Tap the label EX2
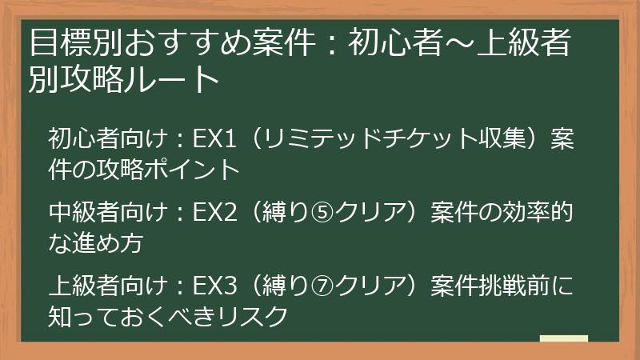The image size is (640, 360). (x=218, y=212)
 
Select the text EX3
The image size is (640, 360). (x=218, y=286)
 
